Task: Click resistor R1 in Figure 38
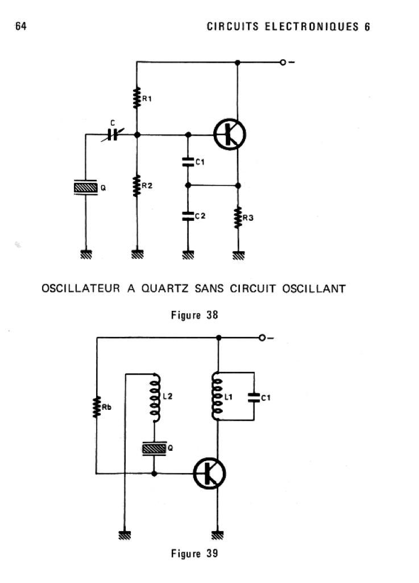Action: (136, 97)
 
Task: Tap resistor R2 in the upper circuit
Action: (136, 186)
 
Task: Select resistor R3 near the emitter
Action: (238, 217)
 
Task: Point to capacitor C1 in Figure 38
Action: (187, 162)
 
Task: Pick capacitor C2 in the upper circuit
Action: (187, 216)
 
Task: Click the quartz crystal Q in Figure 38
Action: (86, 187)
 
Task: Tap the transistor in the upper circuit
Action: (230, 135)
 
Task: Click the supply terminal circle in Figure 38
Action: (283, 62)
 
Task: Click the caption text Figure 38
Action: (194, 314)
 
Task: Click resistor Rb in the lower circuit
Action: (97, 407)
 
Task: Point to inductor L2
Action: (154, 396)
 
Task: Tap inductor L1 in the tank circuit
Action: (217, 397)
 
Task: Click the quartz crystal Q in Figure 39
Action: (154, 449)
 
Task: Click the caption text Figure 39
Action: (194, 553)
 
